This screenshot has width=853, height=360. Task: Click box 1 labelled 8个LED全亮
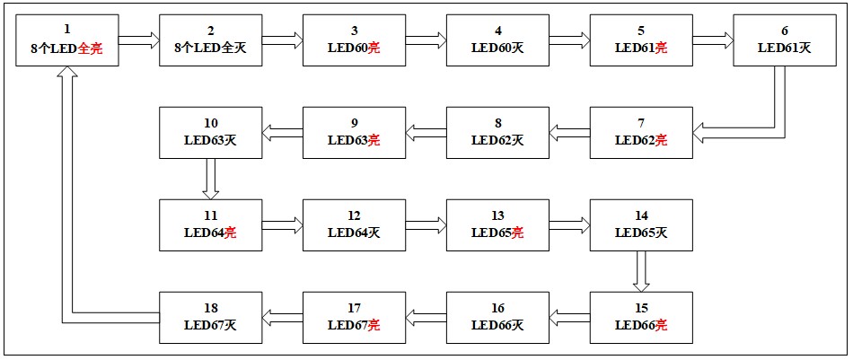66,40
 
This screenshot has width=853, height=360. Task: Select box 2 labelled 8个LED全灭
210,40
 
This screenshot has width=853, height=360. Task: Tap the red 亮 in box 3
374,48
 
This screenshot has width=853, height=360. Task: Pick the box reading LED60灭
497,40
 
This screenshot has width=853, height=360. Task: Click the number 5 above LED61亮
641,30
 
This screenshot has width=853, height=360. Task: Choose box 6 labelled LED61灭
785,40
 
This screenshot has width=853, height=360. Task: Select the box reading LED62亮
641,133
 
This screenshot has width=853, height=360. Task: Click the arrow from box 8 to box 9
426,133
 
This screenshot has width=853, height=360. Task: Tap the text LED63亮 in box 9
354,140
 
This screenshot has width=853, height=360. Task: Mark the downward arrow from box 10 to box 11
211,179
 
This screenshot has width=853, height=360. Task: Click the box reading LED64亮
210,225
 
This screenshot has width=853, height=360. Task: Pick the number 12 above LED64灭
354,215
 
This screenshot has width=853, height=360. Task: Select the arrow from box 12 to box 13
426,225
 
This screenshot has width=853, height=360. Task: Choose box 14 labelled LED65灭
641,225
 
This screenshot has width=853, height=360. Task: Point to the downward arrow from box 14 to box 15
641,271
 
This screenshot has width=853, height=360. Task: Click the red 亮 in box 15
661,325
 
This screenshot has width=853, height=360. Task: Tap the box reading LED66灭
497,317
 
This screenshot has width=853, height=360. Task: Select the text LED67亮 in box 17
354,325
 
